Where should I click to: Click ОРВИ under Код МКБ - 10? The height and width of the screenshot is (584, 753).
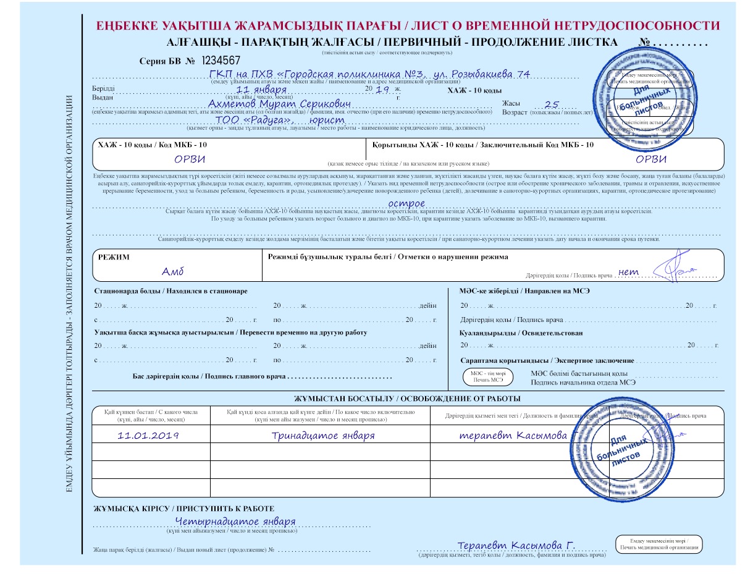tap(190, 158)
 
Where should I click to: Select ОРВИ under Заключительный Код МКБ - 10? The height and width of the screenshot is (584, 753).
tap(651, 158)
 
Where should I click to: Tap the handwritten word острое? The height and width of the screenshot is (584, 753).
tap(406, 203)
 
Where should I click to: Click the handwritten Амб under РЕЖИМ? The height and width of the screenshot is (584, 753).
tap(173, 272)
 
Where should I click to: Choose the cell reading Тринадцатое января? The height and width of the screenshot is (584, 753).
tap(323, 435)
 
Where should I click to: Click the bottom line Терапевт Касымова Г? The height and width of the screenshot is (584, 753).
tap(516, 546)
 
